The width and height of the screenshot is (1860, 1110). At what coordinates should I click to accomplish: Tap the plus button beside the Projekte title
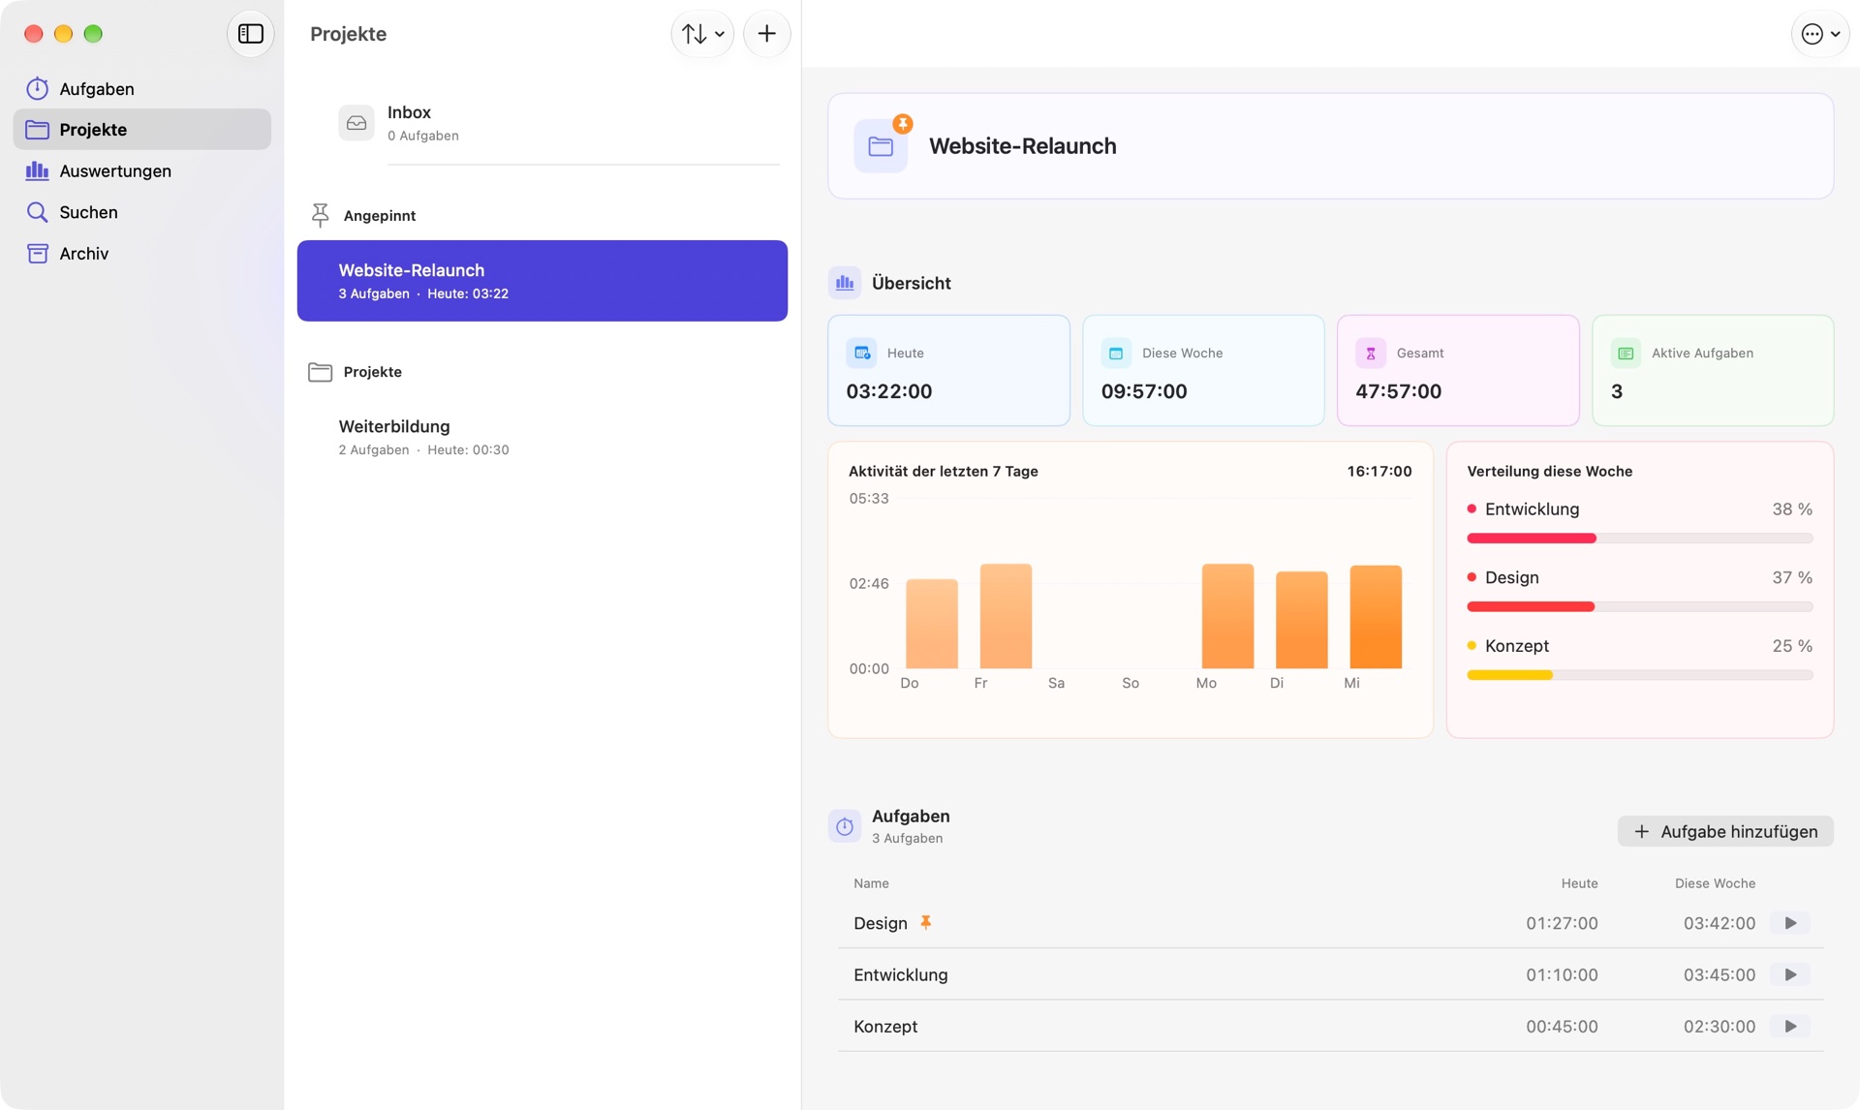(x=766, y=34)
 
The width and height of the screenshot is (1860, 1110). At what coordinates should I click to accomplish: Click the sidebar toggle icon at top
(x=251, y=34)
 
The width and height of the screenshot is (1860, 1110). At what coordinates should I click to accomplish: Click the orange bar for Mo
(x=1227, y=616)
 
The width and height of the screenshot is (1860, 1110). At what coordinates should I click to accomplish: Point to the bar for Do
(x=931, y=624)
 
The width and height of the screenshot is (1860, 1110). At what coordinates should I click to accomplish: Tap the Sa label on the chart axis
(x=1056, y=683)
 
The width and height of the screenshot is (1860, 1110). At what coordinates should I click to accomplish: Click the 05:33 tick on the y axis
(x=868, y=499)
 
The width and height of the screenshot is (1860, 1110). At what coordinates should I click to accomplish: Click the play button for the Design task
(x=1790, y=923)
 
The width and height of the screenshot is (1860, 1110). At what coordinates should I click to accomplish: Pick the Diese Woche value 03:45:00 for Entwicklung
(x=1719, y=974)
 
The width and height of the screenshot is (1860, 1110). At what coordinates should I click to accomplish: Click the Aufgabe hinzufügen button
(x=1724, y=831)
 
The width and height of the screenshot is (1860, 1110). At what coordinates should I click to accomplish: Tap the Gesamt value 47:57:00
(x=1398, y=391)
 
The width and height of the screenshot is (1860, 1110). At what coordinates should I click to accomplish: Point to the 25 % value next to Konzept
(x=1791, y=646)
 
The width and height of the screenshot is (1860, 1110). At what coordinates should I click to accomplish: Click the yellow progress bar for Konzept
(x=1509, y=675)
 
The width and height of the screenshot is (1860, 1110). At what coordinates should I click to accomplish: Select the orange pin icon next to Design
(x=925, y=922)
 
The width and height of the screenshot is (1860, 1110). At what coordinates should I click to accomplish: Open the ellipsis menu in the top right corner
(x=1819, y=34)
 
